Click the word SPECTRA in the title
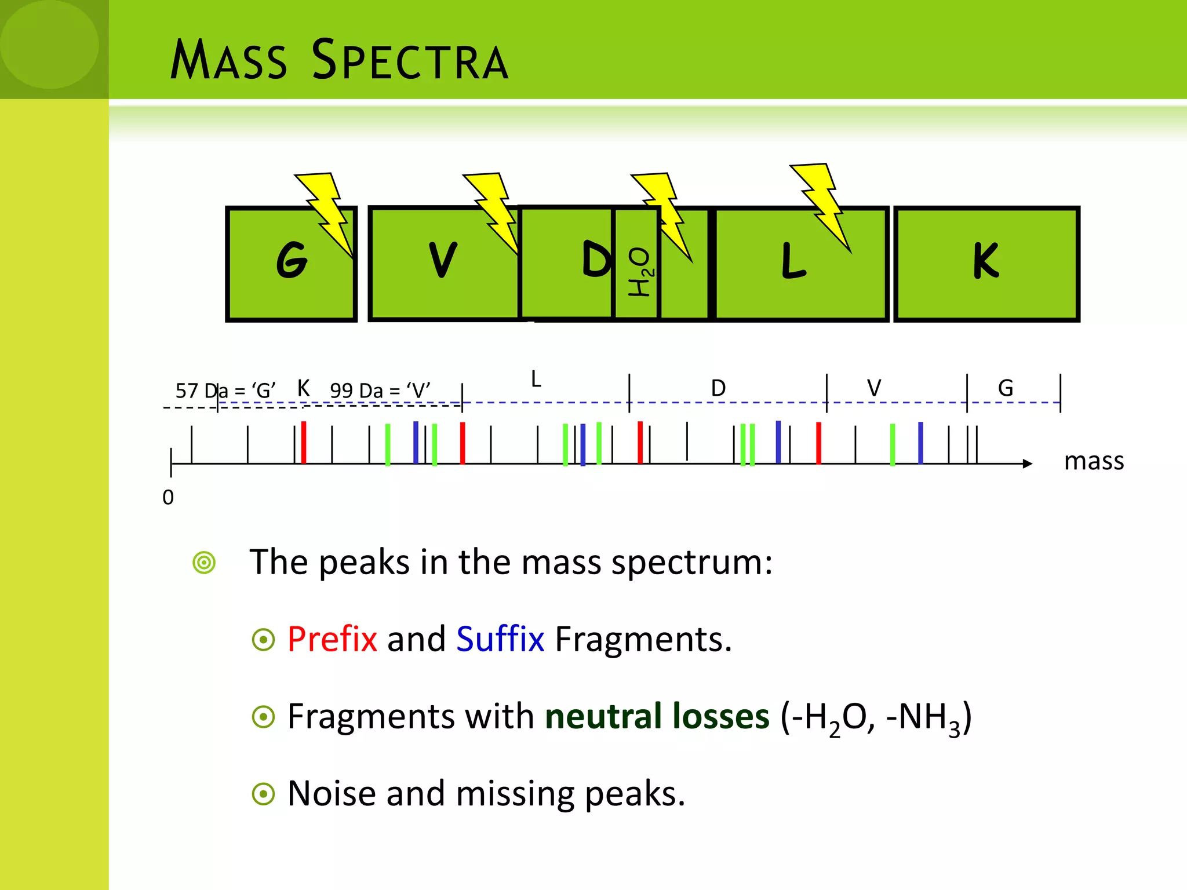(x=410, y=60)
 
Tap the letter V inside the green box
(x=443, y=260)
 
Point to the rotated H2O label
(x=640, y=272)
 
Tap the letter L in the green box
(x=793, y=261)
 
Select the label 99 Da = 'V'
(x=380, y=391)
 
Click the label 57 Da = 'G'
(x=225, y=391)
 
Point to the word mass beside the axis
(x=1094, y=461)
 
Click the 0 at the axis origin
(x=168, y=497)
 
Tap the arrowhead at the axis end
(x=1028, y=464)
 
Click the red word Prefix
(x=332, y=639)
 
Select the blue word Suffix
(x=500, y=639)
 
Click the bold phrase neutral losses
(x=657, y=716)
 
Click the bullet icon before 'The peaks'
(x=204, y=563)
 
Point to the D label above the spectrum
(x=718, y=388)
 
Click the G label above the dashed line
(x=1006, y=388)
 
